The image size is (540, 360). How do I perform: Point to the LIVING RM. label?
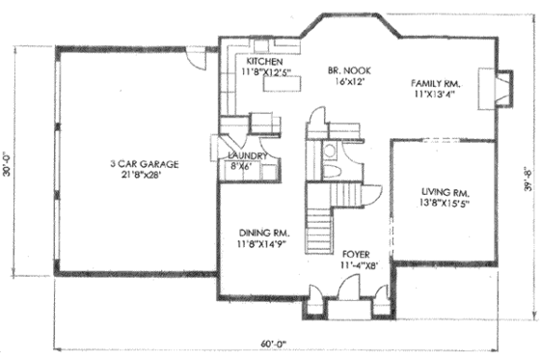click(x=445, y=192)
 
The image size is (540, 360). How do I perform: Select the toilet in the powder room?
click(x=329, y=151)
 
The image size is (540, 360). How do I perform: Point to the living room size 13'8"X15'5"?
click(x=445, y=205)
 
